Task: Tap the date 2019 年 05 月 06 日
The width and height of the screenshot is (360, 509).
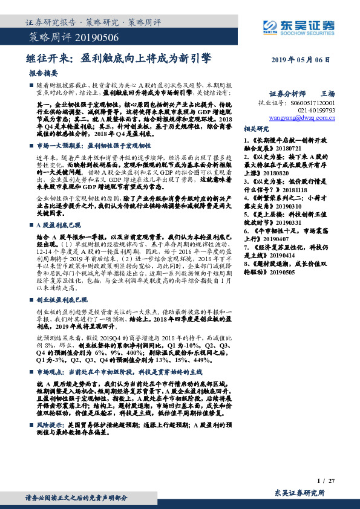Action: [301, 61]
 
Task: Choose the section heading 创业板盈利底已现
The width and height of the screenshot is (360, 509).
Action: [62, 299]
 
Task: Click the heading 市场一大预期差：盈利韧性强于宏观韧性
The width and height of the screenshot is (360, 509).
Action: [94, 146]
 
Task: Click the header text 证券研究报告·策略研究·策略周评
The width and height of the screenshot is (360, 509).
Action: [93, 22]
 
